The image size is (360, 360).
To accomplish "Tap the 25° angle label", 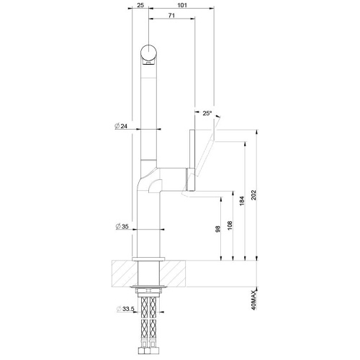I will (207, 114).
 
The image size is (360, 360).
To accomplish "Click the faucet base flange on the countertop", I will (148, 257).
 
